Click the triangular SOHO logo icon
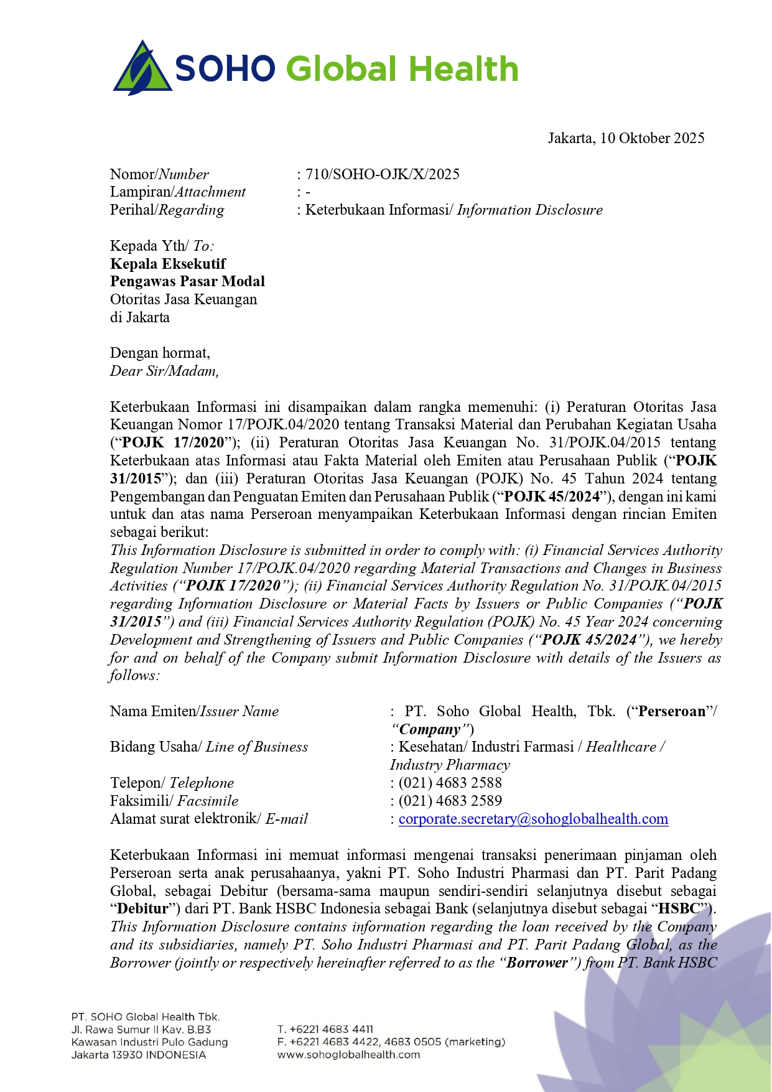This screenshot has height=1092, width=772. pos(142,68)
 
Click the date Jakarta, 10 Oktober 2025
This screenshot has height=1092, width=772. pos(626,138)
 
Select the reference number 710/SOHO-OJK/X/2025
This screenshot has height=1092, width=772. pos(382,174)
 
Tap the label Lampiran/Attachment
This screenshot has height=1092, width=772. pos(178,192)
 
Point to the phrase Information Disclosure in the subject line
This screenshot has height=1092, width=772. pos(529,210)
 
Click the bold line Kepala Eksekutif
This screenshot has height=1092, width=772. pos(168,264)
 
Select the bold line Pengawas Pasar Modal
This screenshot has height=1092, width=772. pos(187,282)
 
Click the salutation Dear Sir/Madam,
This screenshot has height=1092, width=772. pos(164,371)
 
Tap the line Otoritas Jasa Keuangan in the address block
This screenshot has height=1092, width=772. pos(184,300)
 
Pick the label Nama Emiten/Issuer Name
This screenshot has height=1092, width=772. pos(194,712)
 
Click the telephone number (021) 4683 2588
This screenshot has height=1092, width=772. pos(450,783)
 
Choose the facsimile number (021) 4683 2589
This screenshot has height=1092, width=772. pos(450,801)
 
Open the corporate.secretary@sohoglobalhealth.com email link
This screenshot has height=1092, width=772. pos(533,819)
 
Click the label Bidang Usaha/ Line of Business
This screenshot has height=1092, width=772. pos(209,747)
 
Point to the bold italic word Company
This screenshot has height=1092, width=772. pos(430,730)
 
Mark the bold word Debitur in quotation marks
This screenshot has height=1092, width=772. pos(142,909)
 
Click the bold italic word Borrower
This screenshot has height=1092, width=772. pos(537,963)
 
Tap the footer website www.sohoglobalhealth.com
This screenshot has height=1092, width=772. pos(348,1055)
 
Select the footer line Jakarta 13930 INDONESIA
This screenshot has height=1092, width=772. pos(138,1055)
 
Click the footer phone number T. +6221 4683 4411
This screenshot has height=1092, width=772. pos(325,1029)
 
